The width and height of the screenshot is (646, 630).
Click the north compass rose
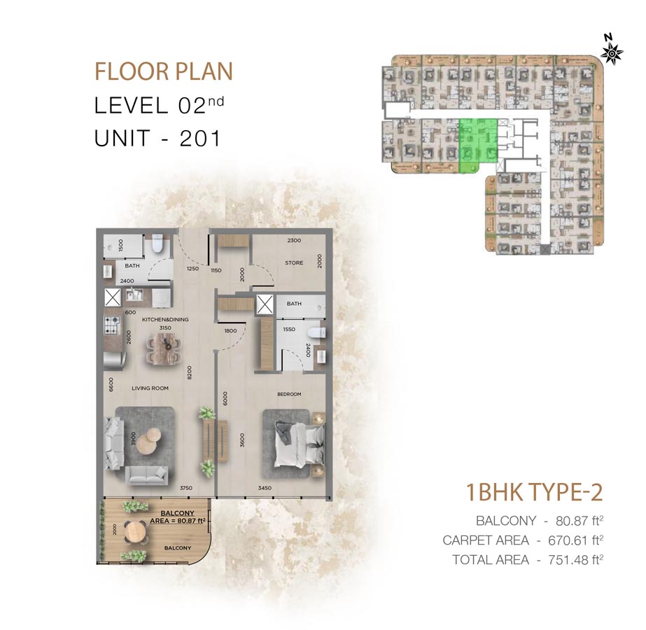[x=612, y=52]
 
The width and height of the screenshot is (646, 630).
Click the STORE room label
[x=294, y=262]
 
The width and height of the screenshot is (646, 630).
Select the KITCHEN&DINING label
[x=165, y=319]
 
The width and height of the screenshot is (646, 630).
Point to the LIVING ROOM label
[x=150, y=388]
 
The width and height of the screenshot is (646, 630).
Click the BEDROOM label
[x=289, y=394]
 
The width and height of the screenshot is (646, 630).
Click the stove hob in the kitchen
[x=111, y=325]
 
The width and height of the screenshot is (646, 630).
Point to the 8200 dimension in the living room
[x=190, y=372]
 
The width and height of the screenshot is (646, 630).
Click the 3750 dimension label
[x=186, y=489]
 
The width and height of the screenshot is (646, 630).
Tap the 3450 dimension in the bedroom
[x=265, y=489]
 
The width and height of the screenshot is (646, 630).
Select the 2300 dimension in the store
[x=294, y=240]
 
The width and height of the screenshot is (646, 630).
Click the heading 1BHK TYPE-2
[x=534, y=492]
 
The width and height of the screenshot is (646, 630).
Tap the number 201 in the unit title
[x=200, y=138]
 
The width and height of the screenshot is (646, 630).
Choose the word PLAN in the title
[x=204, y=71]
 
